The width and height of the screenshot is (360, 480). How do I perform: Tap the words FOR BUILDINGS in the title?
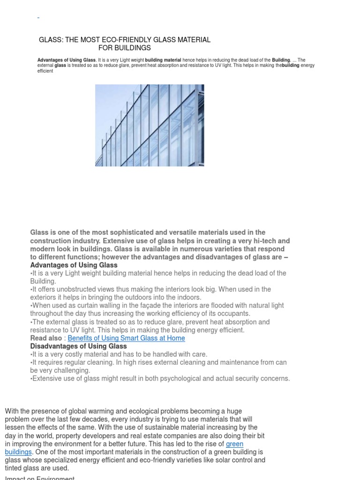click(x=124, y=48)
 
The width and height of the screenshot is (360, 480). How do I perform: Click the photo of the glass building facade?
click(x=150, y=125)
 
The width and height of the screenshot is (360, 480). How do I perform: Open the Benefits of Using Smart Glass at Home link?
click(x=126, y=338)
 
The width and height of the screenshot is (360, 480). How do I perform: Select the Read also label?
click(x=46, y=338)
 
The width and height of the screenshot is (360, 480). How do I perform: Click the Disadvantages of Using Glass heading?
click(x=78, y=346)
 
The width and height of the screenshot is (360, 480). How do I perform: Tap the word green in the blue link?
click(x=234, y=444)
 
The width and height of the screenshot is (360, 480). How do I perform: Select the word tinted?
click(x=14, y=468)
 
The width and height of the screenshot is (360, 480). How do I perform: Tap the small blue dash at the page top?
click(x=38, y=18)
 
